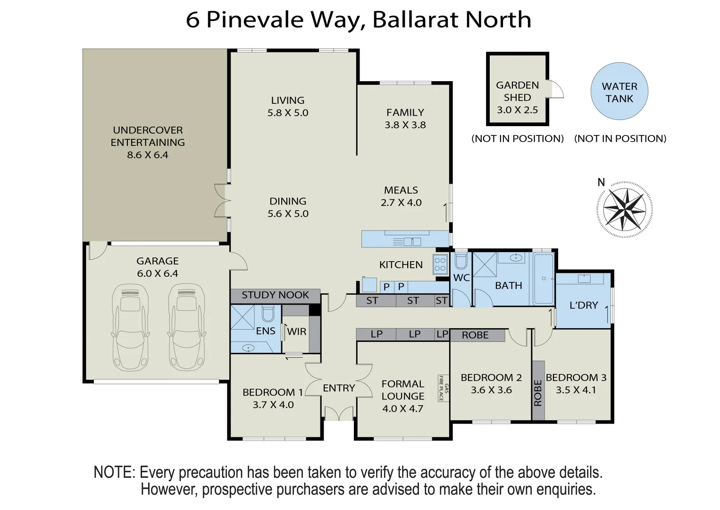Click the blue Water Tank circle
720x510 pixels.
point(619,92)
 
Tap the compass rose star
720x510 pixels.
point(624,209)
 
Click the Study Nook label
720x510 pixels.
point(275,295)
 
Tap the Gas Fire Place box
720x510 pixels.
point(444,388)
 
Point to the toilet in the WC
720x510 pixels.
point(460,261)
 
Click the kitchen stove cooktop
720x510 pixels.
point(440,264)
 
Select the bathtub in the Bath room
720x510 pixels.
point(544,279)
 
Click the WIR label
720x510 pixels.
point(297,331)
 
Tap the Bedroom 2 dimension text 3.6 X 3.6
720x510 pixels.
point(491,390)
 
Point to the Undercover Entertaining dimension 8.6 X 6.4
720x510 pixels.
point(147,155)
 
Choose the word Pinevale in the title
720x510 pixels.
point(255,20)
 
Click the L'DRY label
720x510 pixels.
point(584,306)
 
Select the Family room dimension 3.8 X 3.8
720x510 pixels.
point(405,125)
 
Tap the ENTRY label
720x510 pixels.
point(339,388)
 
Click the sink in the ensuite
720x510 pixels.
point(248,348)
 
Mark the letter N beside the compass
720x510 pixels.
point(601,182)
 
